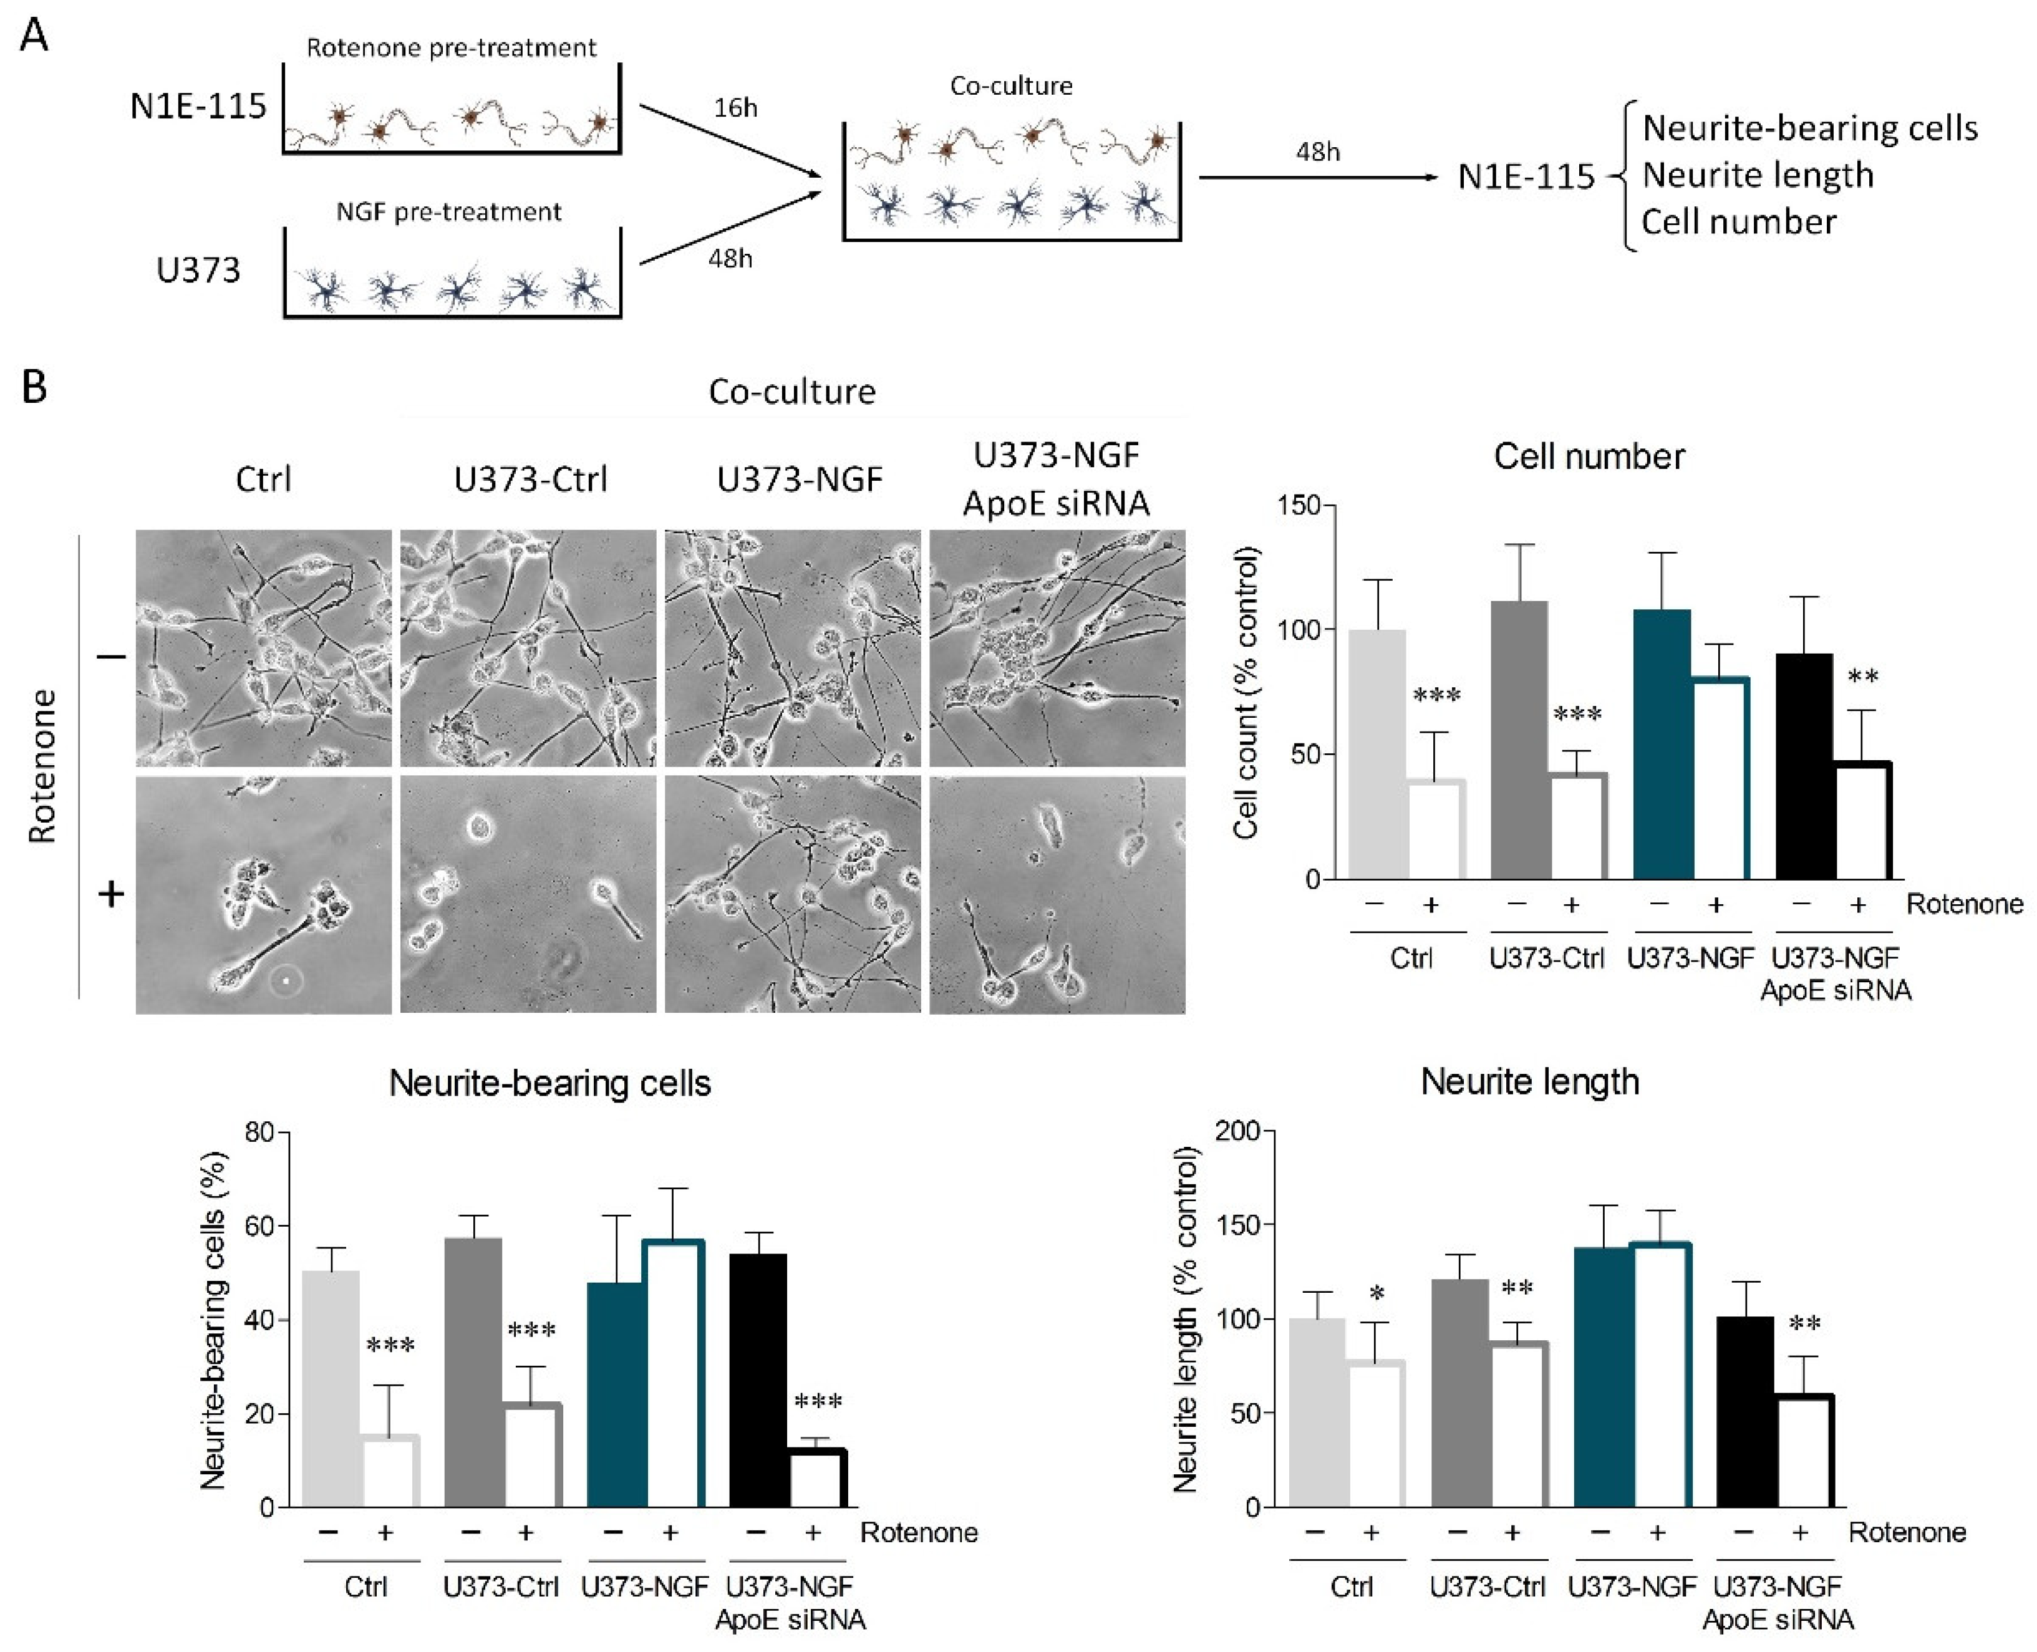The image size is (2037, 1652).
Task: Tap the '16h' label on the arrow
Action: [x=735, y=107]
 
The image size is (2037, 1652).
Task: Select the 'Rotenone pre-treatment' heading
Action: [x=451, y=47]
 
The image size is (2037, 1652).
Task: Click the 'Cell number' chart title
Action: [x=1589, y=456]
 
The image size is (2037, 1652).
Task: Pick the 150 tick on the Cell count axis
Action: [x=1300, y=505]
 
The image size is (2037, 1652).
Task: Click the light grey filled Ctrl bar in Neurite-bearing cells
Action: [x=331, y=1389]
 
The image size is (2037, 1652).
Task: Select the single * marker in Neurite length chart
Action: [x=1377, y=1294]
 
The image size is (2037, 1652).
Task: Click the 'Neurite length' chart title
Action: [x=1530, y=1082]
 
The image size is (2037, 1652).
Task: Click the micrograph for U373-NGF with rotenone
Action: [x=793, y=894]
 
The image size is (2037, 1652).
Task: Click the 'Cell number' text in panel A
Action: [x=1738, y=222]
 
